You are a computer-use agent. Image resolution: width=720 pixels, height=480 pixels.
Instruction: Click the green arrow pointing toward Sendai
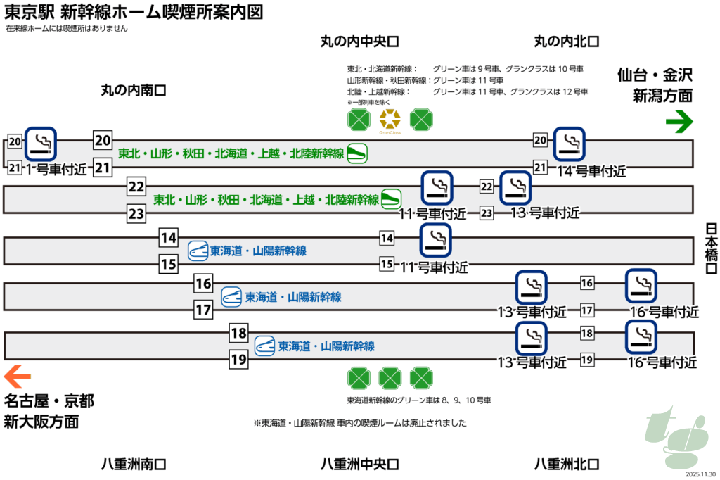[x=679, y=123]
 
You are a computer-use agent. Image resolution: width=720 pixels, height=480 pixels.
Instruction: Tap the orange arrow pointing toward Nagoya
[x=18, y=374]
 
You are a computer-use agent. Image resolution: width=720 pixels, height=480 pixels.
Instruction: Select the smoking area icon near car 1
[x=41, y=144]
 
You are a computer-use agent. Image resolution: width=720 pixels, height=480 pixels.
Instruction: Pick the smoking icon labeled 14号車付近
[x=570, y=144]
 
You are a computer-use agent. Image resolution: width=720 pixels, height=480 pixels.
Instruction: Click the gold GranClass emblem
[x=390, y=120]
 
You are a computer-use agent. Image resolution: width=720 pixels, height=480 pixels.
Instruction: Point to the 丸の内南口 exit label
[x=133, y=89]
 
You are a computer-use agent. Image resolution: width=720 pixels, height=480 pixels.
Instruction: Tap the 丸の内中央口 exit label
[x=360, y=42]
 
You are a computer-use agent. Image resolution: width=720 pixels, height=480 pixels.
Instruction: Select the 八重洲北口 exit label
[x=566, y=464]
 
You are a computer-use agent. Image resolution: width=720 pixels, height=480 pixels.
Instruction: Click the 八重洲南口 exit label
[x=133, y=464]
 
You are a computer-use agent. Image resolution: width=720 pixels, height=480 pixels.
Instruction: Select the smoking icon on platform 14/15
[x=435, y=241]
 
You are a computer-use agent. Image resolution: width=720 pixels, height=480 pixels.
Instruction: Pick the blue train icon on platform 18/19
[x=264, y=346]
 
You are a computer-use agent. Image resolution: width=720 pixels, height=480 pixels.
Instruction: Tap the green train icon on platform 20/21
[x=357, y=153]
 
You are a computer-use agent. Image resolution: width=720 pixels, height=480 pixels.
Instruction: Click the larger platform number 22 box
[x=136, y=187]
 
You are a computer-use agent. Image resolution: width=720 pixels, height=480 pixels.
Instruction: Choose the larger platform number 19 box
[x=239, y=360]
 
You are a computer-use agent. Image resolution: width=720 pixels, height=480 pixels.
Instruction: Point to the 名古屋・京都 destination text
[x=49, y=401]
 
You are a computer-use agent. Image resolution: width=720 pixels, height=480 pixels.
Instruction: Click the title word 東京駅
[x=25, y=13]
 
